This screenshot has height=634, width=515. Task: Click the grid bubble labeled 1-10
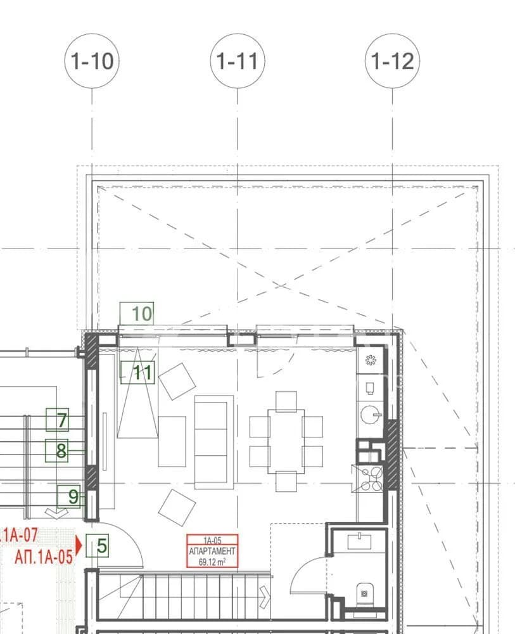click(92, 61)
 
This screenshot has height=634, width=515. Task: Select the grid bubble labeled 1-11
click(238, 61)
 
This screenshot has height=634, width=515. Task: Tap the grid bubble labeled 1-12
click(392, 61)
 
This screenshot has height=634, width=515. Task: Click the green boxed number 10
click(137, 313)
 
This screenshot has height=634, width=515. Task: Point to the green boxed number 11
click(137, 372)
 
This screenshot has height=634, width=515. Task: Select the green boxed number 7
click(58, 420)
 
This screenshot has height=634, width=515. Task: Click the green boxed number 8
click(56, 450)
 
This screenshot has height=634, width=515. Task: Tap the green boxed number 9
click(68, 496)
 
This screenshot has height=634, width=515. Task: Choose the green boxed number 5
click(98, 545)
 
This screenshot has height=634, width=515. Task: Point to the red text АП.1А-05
click(44, 557)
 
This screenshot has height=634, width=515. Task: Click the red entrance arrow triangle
click(79, 545)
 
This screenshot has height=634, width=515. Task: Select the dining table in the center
click(286, 441)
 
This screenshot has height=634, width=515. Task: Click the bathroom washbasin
click(360, 541)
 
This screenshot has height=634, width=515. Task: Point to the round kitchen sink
click(371, 415)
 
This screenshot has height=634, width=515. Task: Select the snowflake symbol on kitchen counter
click(371, 359)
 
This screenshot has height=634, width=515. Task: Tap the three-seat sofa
click(214, 441)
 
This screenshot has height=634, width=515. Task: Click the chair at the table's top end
click(286, 401)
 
